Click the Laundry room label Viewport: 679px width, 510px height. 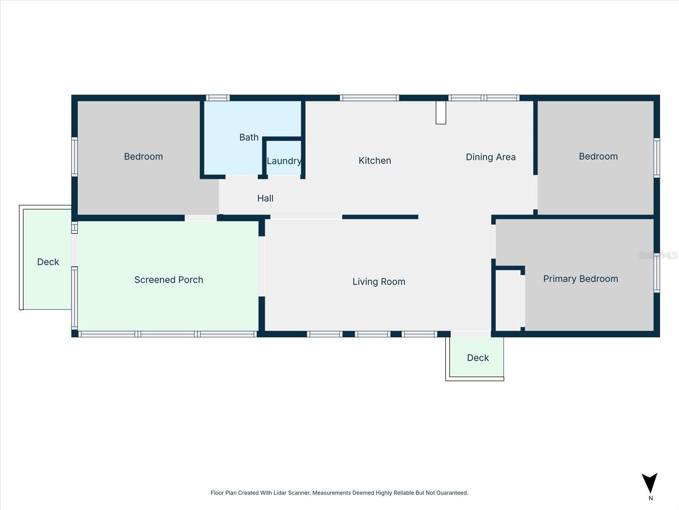[284, 161]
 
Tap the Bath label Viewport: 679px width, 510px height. [249, 137]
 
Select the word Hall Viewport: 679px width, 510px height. [265, 198]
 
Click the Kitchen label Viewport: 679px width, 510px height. [375, 161]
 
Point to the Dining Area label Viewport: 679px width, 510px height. [491, 157]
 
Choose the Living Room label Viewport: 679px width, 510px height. [379, 282]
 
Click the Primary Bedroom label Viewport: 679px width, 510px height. [581, 279]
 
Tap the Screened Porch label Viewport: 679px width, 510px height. [168, 280]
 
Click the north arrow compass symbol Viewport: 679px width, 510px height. [650, 484]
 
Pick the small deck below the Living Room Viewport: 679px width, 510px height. [477, 357]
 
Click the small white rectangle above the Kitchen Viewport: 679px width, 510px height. [441, 112]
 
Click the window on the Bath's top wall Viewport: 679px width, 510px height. [218, 98]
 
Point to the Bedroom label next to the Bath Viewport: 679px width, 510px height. [143, 156]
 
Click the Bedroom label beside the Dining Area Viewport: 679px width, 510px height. [598, 156]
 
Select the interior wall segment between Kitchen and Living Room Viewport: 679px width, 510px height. [380, 217]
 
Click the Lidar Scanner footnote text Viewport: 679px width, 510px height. [339, 493]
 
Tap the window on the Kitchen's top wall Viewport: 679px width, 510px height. [369, 98]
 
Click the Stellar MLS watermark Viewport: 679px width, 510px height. [658, 255]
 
